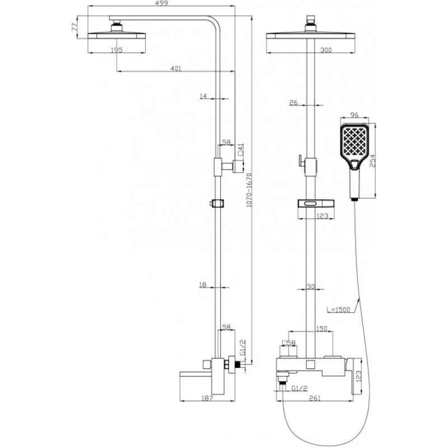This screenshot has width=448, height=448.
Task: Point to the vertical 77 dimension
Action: (x=74, y=26)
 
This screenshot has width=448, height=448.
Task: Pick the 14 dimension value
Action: (x=203, y=97)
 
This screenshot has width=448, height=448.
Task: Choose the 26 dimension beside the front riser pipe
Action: (x=293, y=102)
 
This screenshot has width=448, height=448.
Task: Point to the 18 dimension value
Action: (x=203, y=286)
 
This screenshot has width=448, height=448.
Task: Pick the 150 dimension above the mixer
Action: (x=321, y=329)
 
